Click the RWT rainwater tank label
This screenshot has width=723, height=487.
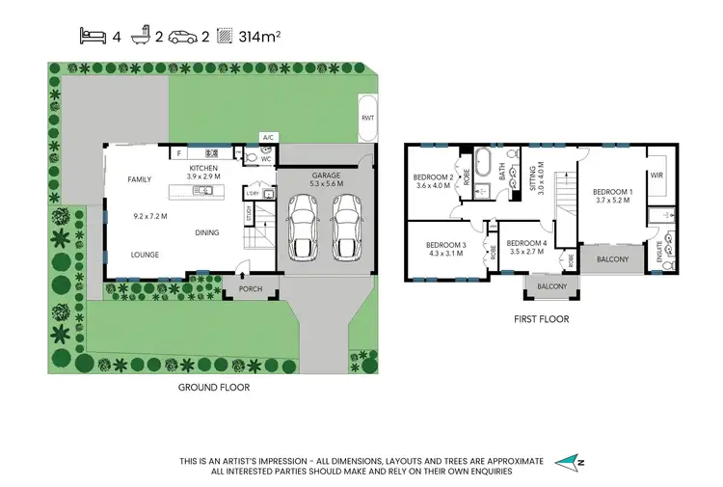pos(367,117)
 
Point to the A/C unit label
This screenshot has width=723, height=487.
pos(268,138)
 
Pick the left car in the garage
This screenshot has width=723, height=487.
pos(304,228)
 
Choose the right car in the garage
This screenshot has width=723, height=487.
pos(347,228)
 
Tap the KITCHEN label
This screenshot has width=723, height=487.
pos(203,169)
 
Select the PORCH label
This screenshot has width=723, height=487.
pos(251,287)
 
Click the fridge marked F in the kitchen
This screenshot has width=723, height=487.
pos(178,152)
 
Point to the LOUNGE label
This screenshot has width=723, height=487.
pos(146,255)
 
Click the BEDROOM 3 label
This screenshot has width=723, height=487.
pos(446,245)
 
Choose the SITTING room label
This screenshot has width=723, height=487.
pos(532,180)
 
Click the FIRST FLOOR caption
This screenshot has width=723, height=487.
pos(540,318)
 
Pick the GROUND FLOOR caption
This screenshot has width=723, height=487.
pos(214,387)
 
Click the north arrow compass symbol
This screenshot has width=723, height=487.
pos(571,463)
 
